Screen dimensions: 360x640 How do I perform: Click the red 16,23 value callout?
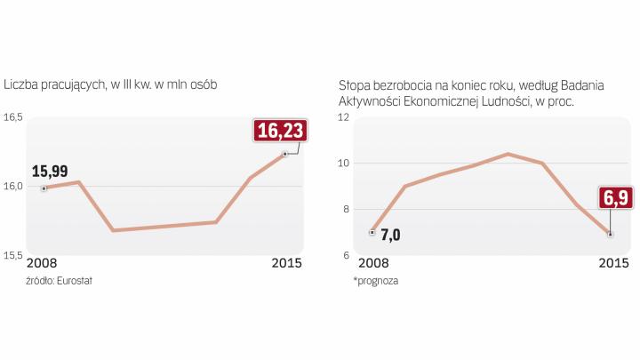click(x=278, y=131)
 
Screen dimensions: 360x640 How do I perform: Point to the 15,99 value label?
click(x=50, y=171)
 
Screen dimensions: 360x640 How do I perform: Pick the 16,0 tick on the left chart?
click(x=13, y=187)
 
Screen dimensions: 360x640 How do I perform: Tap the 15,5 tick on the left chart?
click(x=13, y=256)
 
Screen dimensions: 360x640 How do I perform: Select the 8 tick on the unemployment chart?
click(x=347, y=210)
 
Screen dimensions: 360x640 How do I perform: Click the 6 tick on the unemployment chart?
click(x=347, y=256)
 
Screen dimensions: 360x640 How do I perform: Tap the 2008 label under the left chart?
click(x=42, y=263)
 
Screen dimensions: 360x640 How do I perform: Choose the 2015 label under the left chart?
click(x=286, y=263)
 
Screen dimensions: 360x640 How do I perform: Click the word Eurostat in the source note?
click(x=75, y=280)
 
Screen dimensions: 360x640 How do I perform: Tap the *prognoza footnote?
click(x=375, y=280)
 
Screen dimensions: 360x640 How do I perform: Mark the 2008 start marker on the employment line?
click(x=43, y=188)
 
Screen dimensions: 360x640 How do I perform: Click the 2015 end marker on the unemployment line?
click(x=610, y=234)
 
